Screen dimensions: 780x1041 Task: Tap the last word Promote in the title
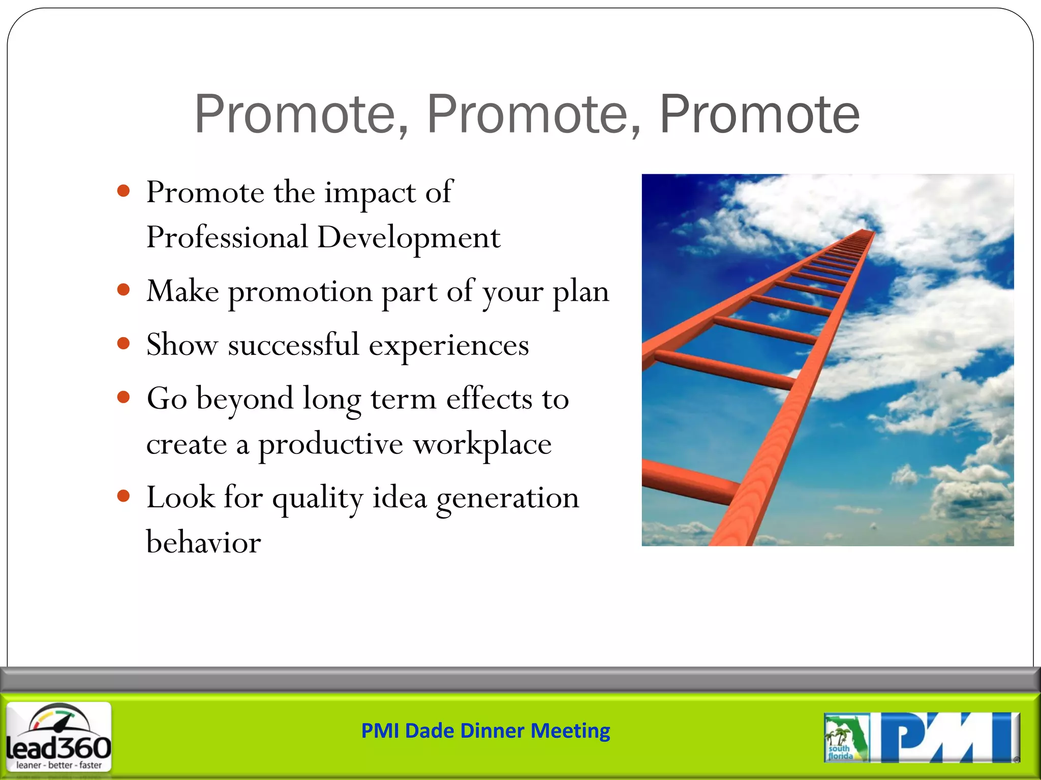[x=759, y=115]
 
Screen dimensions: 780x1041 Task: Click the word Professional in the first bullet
[x=227, y=238]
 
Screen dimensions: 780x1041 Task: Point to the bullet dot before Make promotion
[x=123, y=290]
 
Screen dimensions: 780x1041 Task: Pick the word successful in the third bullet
[x=293, y=345]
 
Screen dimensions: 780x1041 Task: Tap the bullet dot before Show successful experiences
[x=123, y=343]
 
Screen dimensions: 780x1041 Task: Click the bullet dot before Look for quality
[x=123, y=496]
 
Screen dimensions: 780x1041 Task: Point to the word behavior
[x=203, y=542]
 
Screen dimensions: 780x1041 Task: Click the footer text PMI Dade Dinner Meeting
[x=485, y=731]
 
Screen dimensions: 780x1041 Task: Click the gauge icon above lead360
[x=59, y=719]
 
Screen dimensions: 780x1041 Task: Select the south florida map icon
[x=845, y=737]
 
